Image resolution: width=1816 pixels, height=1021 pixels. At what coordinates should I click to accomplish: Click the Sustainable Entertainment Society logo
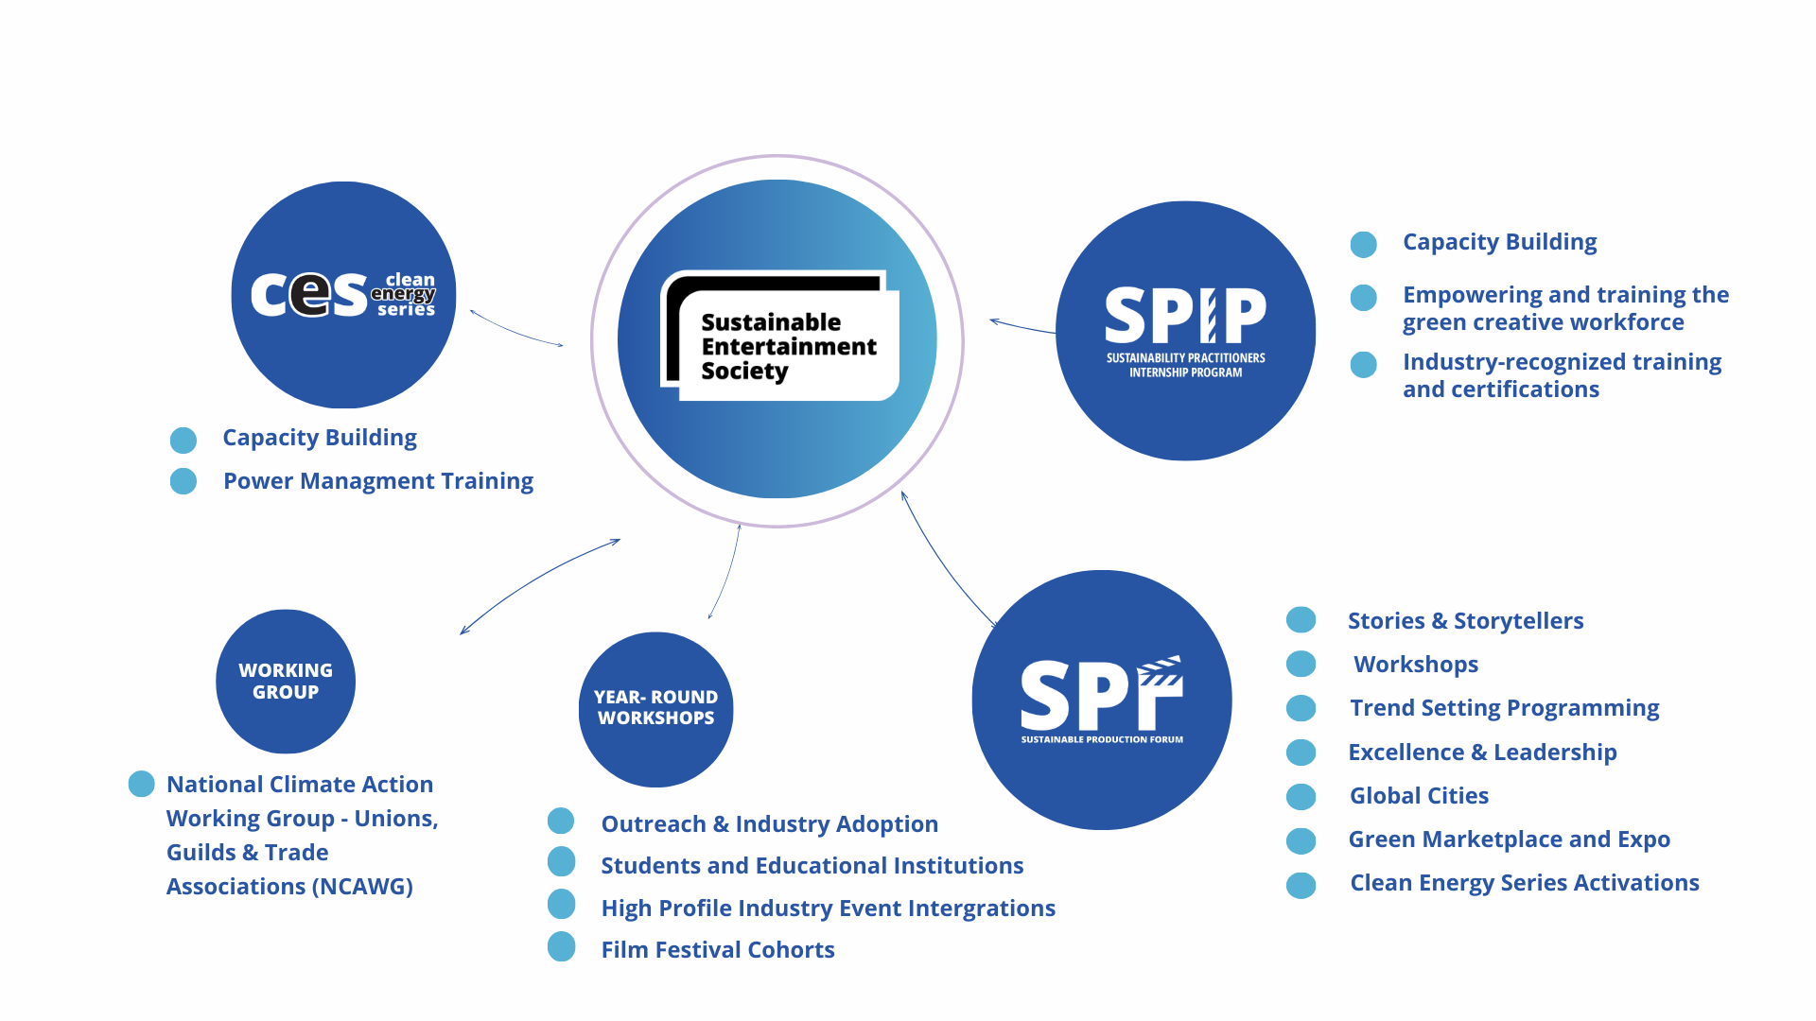point(779,337)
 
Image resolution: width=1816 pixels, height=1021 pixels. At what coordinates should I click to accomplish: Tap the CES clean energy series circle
point(343,294)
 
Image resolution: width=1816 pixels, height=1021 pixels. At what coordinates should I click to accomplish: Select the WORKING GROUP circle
point(286,681)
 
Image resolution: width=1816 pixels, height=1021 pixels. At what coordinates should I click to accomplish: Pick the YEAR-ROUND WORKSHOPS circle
point(655,708)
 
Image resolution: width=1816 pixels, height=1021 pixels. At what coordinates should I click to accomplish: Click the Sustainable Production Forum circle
point(1102,700)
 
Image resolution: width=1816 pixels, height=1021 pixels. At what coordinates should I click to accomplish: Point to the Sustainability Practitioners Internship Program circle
point(1185,330)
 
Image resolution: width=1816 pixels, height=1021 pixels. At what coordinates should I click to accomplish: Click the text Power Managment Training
point(377,481)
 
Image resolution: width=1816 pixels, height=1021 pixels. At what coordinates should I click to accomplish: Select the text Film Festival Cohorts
point(717,949)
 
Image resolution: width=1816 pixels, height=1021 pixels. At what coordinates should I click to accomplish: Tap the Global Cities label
point(1419,796)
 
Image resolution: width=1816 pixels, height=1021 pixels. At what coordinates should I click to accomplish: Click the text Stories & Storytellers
point(1465,621)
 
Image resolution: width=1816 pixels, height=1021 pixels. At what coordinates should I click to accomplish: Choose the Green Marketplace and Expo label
point(1509,839)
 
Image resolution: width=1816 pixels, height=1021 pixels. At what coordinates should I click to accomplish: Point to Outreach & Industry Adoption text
point(769,824)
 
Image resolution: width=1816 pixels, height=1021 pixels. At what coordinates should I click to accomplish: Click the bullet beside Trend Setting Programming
point(1301,708)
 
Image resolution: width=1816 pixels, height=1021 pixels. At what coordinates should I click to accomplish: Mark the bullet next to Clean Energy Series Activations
point(1301,885)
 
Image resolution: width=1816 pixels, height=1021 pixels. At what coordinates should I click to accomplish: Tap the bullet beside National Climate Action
point(142,784)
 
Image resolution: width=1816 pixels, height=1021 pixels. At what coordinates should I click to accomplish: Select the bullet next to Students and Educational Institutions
point(562,862)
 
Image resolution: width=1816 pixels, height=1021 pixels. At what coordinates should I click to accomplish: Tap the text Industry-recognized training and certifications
point(1561,375)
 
